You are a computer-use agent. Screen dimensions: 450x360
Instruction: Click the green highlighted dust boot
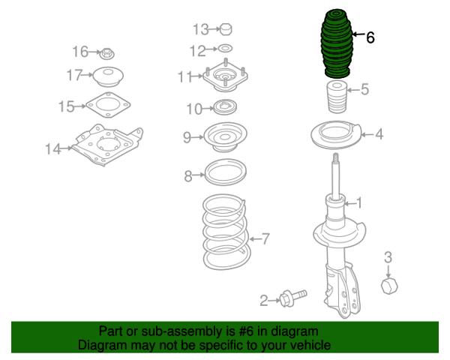(x=336, y=44)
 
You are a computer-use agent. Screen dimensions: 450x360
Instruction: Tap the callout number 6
(x=370, y=37)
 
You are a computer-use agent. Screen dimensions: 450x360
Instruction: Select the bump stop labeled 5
(x=337, y=97)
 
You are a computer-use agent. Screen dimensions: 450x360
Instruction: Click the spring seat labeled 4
(x=336, y=135)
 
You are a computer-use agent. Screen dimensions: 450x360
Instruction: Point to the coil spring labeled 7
(x=226, y=232)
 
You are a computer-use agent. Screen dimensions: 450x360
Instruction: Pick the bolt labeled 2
(x=292, y=298)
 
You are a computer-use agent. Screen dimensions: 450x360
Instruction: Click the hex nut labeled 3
(x=389, y=285)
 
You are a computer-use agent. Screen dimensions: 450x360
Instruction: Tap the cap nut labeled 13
(x=226, y=29)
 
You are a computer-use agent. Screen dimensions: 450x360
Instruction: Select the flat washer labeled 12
(x=225, y=48)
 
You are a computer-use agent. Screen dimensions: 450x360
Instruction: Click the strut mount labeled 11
(x=225, y=76)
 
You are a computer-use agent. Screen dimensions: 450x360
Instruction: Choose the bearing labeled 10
(x=225, y=107)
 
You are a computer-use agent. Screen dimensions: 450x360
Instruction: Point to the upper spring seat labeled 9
(x=225, y=137)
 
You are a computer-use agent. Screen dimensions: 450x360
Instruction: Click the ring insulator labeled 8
(x=225, y=172)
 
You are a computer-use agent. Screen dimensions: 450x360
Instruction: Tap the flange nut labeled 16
(x=106, y=54)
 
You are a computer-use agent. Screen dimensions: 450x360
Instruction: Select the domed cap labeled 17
(x=109, y=76)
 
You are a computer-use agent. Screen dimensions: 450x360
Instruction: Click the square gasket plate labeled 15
(x=108, y=105)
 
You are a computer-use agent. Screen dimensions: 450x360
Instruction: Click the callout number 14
(x=53, y=149)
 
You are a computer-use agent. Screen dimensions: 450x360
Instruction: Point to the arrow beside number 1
(x=349, y=204)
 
